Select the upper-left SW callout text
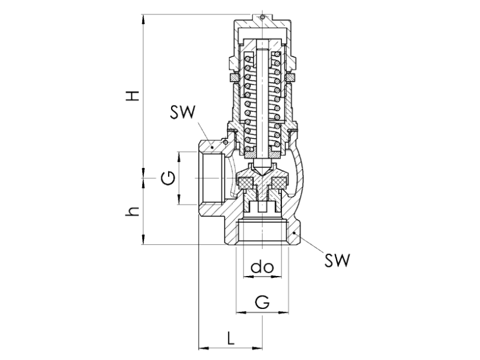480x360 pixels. click(183, 112)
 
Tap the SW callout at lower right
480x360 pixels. click(337, 260)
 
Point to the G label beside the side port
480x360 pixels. click(170, 178)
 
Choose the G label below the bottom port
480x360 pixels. click(262, 302)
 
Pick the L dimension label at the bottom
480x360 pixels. click(230, 338)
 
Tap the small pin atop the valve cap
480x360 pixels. click(263, 17)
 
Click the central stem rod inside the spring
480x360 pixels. click(263, 102)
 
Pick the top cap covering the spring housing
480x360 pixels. click(263, 27)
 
